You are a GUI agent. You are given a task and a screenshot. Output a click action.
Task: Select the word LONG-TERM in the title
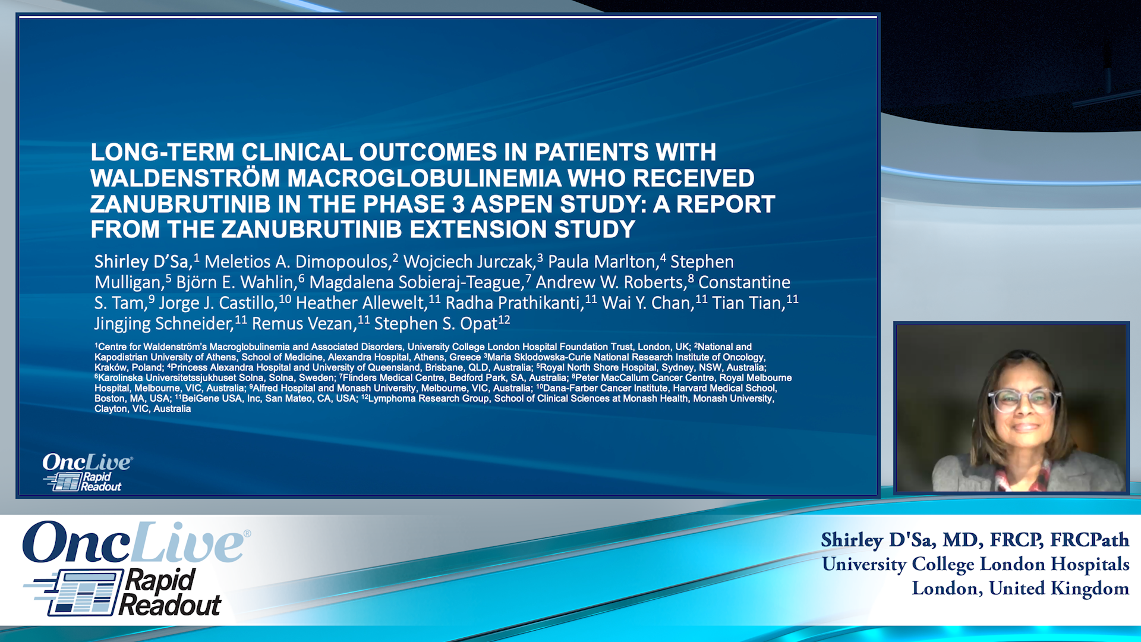coord(162,152)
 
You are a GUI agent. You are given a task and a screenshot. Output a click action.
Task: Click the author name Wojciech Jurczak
coord(469,262)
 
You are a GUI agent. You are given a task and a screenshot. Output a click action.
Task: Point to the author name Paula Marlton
coord(601,262)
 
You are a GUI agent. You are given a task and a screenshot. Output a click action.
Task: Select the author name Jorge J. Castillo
coord(218,303)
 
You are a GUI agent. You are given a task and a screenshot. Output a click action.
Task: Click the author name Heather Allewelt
coord(361,303)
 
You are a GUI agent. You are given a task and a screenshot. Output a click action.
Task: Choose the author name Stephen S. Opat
coord(436,324)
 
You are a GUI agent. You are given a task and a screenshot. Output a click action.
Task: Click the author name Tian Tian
coord(748,303)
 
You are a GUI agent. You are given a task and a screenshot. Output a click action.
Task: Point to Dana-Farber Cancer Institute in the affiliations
coord(605,388)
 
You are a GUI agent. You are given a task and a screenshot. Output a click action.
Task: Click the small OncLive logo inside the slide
coord(87,462)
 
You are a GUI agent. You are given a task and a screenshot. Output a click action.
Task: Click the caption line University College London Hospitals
coord(975,564)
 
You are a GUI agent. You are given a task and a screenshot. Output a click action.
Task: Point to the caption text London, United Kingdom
coord(1020,588)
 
